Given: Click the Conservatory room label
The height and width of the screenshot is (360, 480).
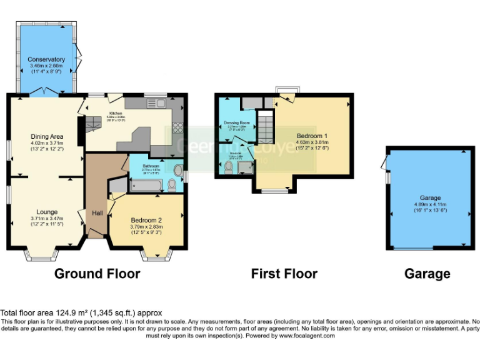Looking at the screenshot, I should point(46,59).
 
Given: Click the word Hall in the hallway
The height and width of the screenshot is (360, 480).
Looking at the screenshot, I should point(98,213).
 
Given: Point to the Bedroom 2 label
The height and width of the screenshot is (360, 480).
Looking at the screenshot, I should point(146,220).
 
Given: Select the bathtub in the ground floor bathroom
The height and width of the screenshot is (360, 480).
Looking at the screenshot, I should point(146,185).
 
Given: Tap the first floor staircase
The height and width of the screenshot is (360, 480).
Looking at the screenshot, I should point(266,128).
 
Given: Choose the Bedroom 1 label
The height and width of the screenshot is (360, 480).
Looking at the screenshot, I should point(311,136).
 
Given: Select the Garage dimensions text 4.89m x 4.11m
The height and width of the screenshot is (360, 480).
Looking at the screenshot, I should point(430,204).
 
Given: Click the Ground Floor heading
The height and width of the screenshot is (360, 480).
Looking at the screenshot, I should point(97,274).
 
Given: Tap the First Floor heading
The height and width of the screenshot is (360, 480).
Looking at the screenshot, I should point(284,274).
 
